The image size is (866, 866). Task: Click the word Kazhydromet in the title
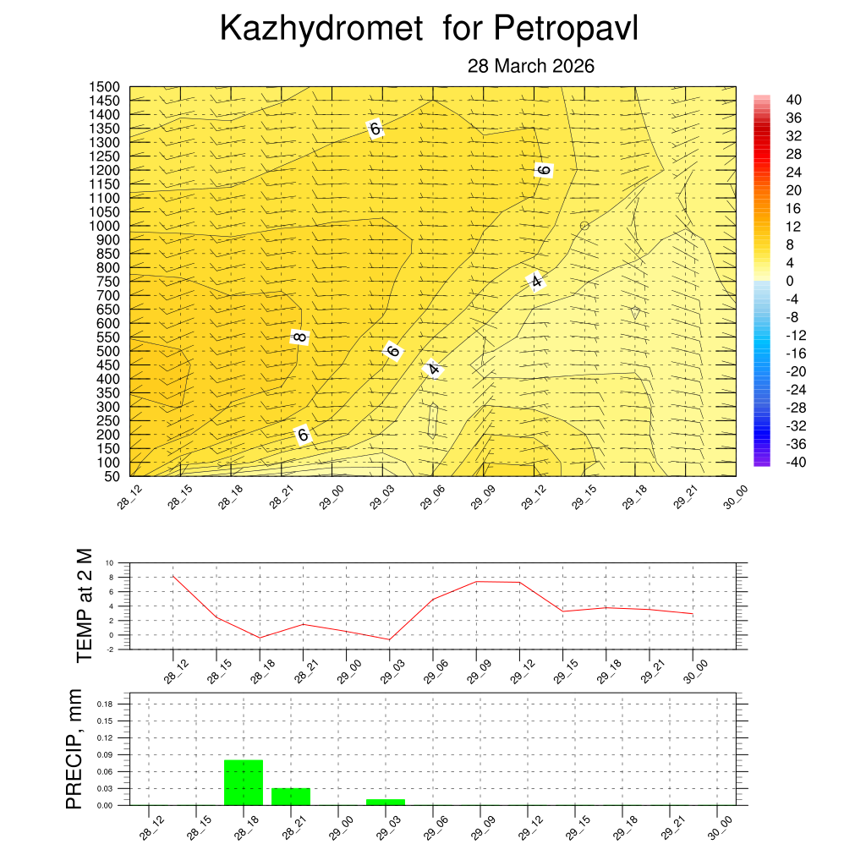[321, 29]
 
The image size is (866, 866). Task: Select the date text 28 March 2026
[531, 66]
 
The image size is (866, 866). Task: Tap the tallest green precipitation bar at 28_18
[244, 782]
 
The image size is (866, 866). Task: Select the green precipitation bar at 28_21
[291, 797]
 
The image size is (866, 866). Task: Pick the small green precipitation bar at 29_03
[386, 802]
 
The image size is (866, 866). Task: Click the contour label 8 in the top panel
[299, 337]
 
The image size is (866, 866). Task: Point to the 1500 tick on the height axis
[106, 87]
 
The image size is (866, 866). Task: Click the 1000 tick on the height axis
[106, 226]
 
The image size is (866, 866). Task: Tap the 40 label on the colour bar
[794, 100]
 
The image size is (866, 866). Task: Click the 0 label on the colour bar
[790, 281]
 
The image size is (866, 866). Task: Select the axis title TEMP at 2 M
[84, 605]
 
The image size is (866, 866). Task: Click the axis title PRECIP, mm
[75, 750]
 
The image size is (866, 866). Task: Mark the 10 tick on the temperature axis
[108, 562]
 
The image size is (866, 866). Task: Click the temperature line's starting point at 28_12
[173, 576]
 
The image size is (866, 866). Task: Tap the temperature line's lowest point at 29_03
[390, 639]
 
